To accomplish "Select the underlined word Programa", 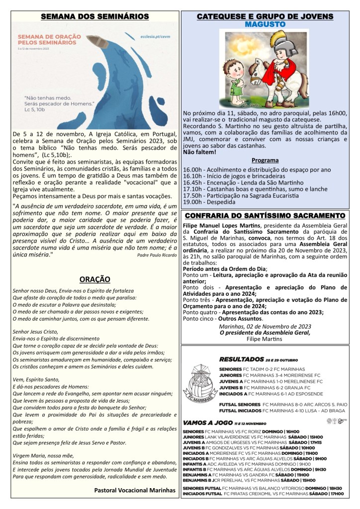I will click(x=265, y=161).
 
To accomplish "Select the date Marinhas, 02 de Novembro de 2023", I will click(x=265, y=326).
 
